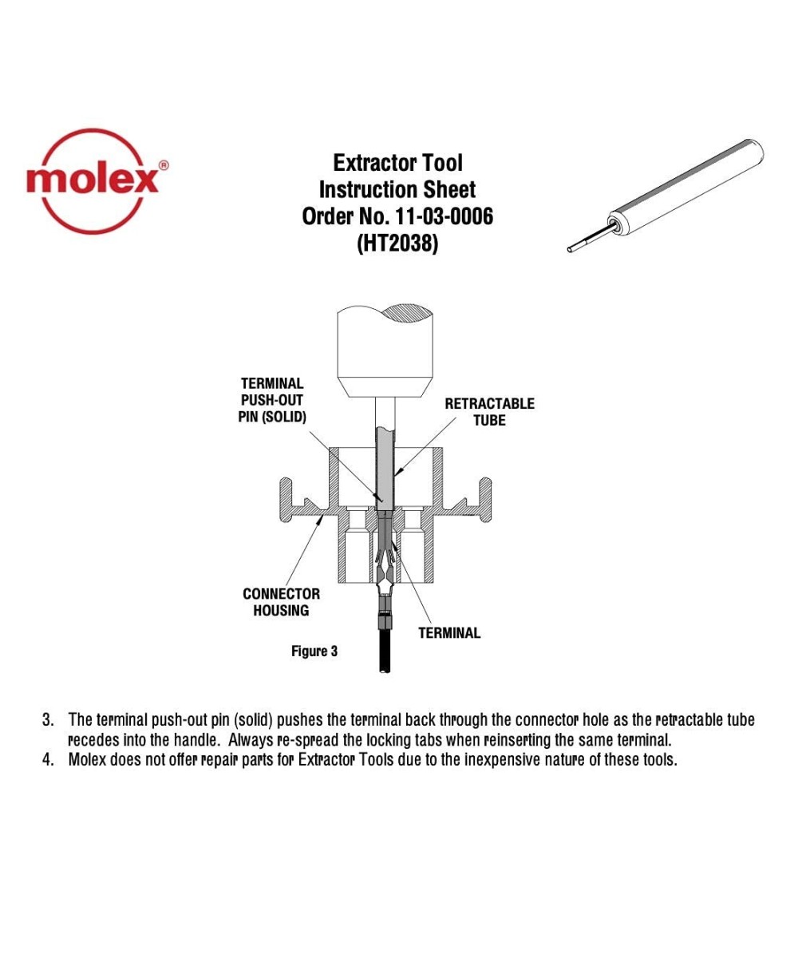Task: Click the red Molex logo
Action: point(96,180)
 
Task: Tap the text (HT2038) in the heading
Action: point(397,243)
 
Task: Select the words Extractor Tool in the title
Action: point(397,164)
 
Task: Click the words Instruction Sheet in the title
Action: point(397,190)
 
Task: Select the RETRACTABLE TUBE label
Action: point(489,412)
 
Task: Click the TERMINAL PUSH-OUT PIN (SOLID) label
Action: point(272,401)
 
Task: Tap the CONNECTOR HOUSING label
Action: point(281,602)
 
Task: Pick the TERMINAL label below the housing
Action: point(449,633)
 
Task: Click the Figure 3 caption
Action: point(314,651)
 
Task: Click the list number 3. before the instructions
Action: point(48,720)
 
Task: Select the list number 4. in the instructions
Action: point(48,759)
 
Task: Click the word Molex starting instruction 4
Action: point(89,759)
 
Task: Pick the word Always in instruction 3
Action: point(251,740)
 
